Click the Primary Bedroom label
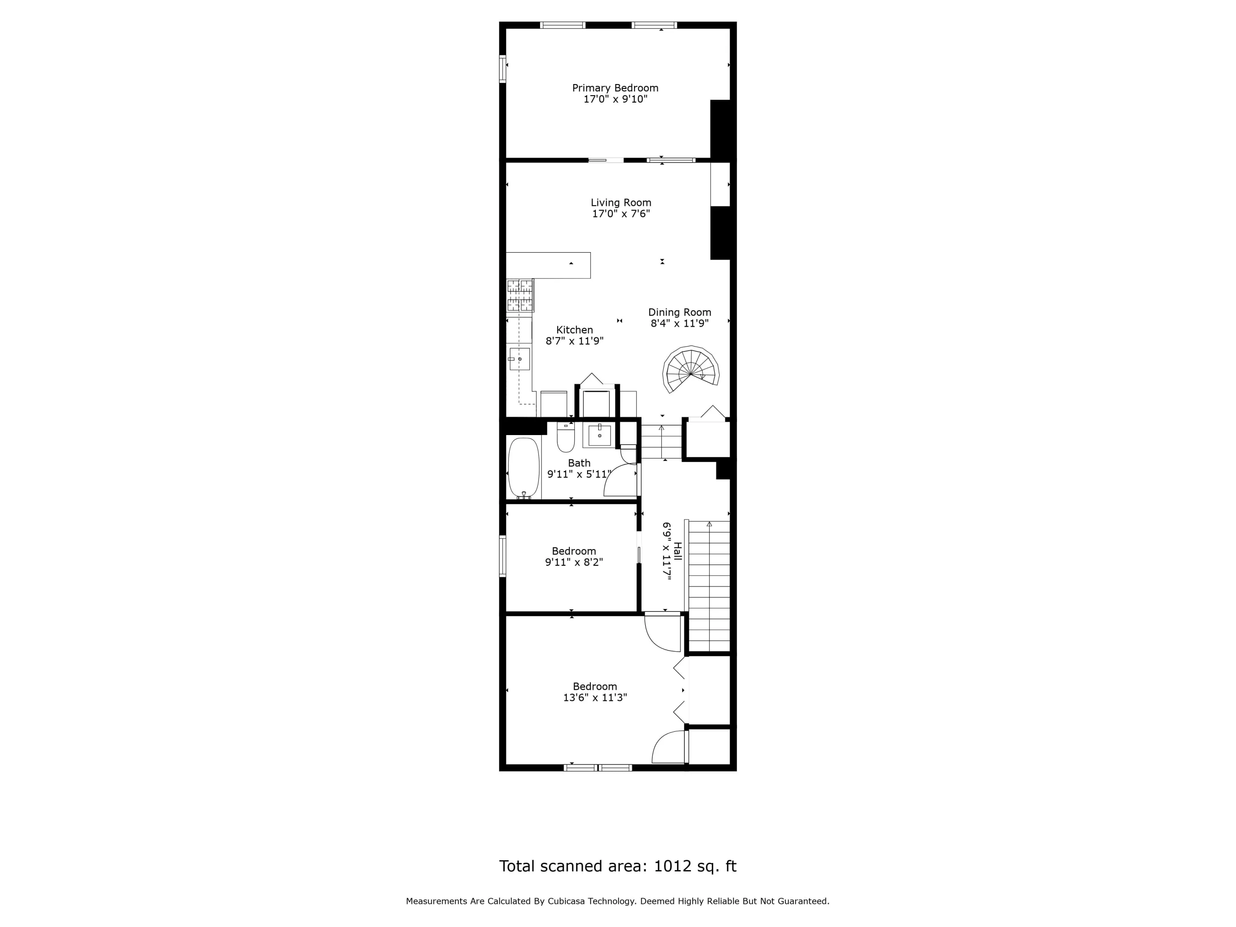615,88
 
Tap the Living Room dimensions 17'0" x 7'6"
621,213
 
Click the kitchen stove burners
520,295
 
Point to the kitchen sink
519,359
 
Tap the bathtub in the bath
524,468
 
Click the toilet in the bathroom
566,438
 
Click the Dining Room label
679,312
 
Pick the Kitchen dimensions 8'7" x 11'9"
574,341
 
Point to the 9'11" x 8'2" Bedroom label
574,551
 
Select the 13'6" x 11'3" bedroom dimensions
595,698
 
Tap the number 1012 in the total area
673,866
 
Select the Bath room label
579,463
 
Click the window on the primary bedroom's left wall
502,69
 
